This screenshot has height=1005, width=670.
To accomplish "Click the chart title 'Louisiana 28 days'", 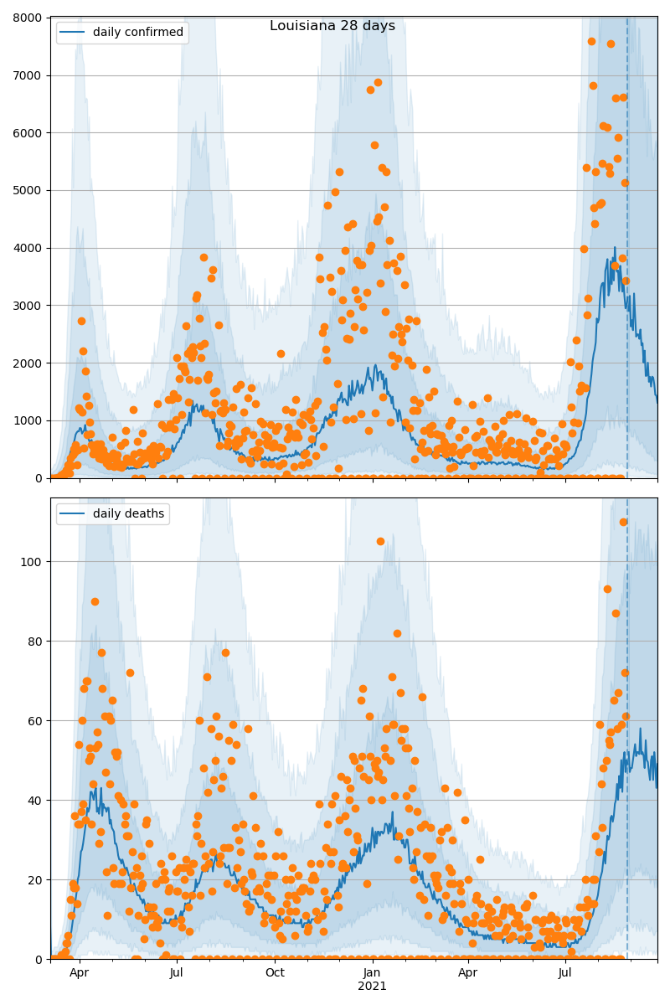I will (332, 26).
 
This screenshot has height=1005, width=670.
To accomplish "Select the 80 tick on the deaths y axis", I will (36, 641).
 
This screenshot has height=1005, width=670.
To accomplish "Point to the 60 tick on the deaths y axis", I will (36, 720).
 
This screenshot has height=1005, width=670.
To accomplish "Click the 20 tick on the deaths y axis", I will (36, 879).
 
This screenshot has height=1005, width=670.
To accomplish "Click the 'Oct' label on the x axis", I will (275, 972).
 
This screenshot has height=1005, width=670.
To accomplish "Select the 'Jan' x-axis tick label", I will (372, 972).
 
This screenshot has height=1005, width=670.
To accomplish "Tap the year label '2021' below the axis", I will (372, 987).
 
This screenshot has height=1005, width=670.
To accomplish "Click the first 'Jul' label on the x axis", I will (177, 972).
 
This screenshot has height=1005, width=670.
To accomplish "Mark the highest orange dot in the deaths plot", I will (623, 522).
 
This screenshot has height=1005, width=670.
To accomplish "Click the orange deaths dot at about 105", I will (380, 541).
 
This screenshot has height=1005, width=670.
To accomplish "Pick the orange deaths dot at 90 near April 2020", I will (95, 601).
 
